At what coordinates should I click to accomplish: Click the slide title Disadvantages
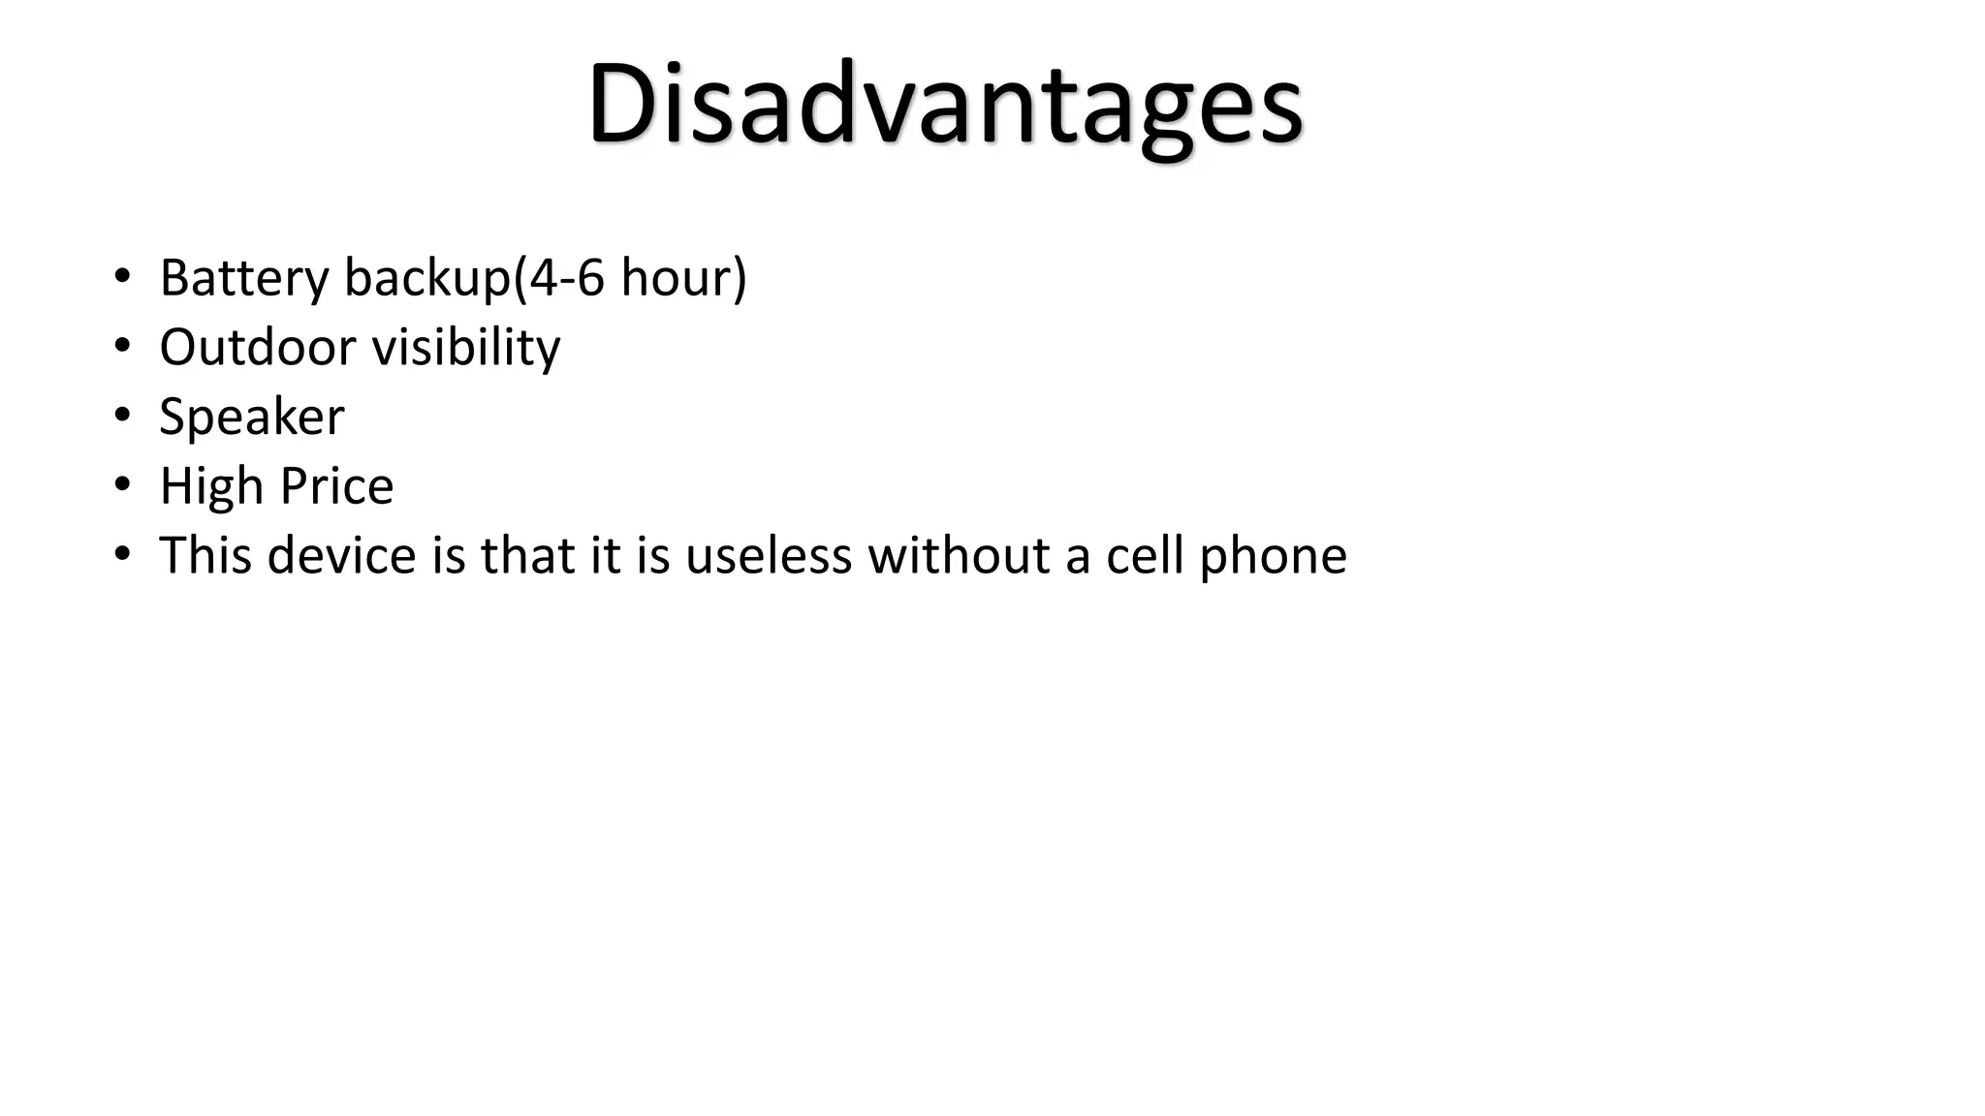(x=945, y=105)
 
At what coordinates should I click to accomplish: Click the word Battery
(x=244, y=278)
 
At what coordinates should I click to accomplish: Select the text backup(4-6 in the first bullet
(x=474, y=278)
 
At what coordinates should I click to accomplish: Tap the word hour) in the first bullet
(x=683, y=278)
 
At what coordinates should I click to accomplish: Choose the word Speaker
(x=252, y=418)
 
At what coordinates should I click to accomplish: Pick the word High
(x=210, y=486)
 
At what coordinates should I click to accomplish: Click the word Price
(x=337, y=486)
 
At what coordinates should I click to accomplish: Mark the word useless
(x=769, y=556)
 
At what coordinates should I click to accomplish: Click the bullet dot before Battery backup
(x=121, y=276)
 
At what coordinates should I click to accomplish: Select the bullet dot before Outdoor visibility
(x=121, y=346)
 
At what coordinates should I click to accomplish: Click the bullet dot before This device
(x=121, y=554)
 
